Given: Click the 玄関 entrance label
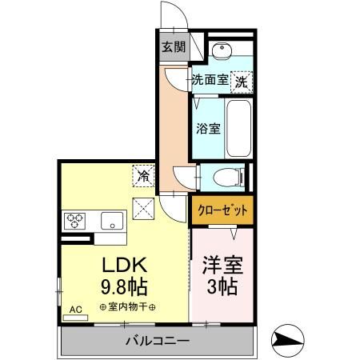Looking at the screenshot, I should click(x=174, y=47).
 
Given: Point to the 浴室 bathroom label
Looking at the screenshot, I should click(x=209, y=128).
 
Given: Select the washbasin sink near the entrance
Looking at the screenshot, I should click(x=224, y=54).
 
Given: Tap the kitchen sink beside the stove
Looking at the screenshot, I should click(x=110, y=218).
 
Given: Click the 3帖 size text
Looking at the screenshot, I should click(x=222, y=286).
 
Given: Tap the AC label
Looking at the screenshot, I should click(x=76, y=308).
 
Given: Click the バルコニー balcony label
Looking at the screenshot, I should click(x=157, y=342).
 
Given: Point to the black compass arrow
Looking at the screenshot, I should click(x=287, y=338).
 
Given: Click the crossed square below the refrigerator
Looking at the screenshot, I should click(x=145, y=208).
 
